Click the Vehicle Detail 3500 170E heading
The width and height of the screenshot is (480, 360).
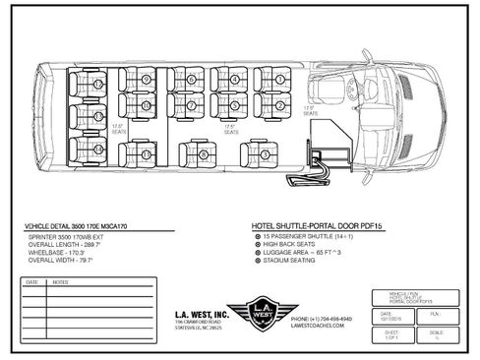click(x=86, y=226)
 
